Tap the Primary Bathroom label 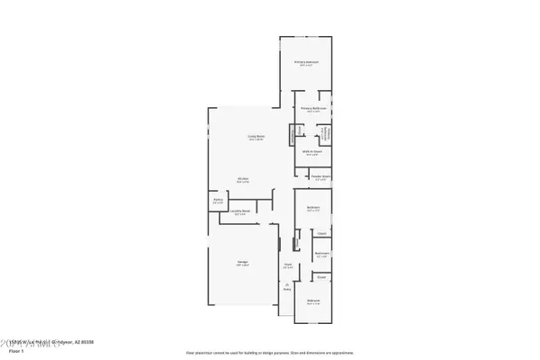tap(312, 110)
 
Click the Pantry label tap(218, 202)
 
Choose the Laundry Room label tap(241, 212)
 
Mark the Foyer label tap(288, 266)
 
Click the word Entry tap(288, 290)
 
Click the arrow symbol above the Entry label tap(288, 284)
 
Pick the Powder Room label tap(319, 177)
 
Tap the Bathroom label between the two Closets tap(321, 254)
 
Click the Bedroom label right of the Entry tap(312, 301)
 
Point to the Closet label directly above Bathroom tap(321, 232)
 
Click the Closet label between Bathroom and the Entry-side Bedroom tap(321, 277)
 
